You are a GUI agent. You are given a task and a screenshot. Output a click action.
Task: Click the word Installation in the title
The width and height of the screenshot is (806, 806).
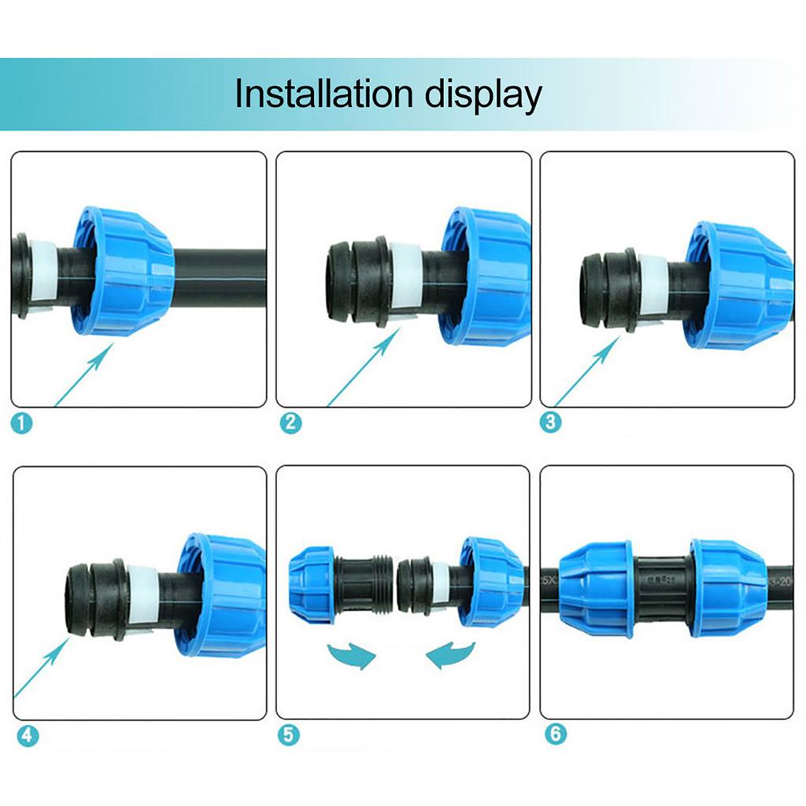(x=324, y=94)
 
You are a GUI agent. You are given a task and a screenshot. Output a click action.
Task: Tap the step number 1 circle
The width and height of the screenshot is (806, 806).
(x=23, y=423)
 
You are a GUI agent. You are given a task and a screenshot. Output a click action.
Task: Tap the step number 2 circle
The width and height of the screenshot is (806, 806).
(x=290, y=423)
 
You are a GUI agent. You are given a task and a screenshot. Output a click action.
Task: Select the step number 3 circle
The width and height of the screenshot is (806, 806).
(x=551, y=422)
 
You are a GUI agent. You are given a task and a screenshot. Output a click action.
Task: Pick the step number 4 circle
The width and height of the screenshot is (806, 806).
(x=26, y=736)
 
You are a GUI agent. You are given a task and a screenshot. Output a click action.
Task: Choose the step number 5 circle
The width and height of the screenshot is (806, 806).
(x=289, y=735)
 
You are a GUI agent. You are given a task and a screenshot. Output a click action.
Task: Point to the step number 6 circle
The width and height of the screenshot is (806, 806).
(x=555, y=735)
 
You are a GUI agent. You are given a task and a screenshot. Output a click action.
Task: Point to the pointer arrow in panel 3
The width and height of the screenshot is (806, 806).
(x=586, y=372)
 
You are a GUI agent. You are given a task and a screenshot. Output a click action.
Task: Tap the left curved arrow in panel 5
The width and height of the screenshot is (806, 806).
(x=350, y=654)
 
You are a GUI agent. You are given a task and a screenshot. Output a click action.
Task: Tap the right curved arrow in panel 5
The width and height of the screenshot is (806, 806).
(x=451, y=653)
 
